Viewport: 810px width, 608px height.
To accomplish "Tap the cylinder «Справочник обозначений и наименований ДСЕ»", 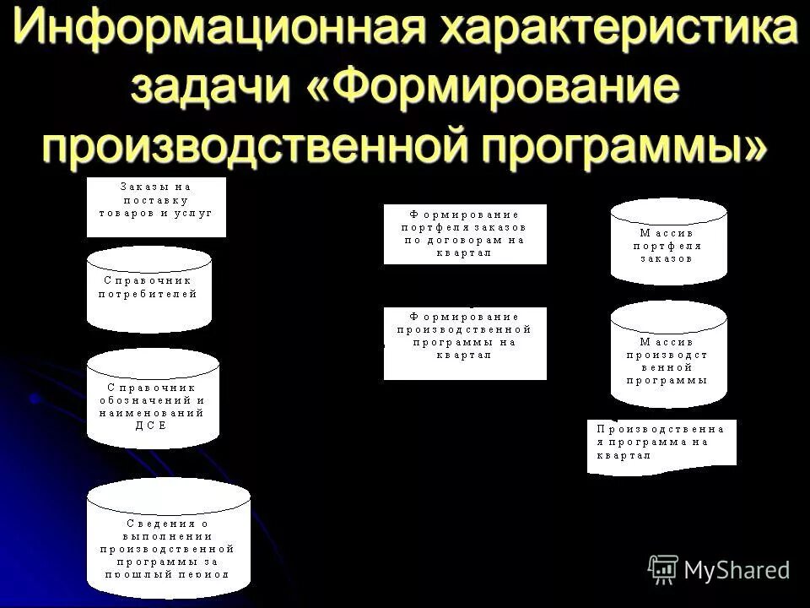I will tap(153, 400).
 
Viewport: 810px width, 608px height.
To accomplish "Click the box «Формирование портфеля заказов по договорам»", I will tap(465, 234).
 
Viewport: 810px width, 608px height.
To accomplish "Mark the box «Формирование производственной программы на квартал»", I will tap(465, 343).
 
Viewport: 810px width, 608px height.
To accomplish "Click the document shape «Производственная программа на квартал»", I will tap(661, 444).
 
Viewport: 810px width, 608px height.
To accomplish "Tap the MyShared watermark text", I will tap(737, 570).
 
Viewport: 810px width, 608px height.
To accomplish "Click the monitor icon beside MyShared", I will tap(663, 569).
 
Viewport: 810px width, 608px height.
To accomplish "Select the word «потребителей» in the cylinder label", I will tap(148, 294).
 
